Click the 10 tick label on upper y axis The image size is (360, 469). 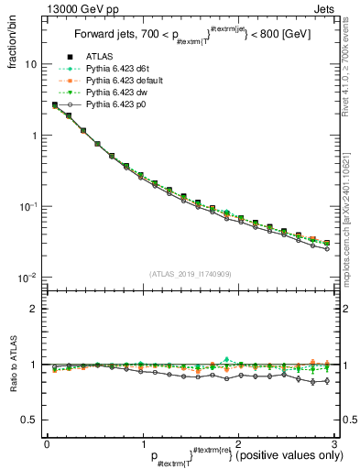tap(30, 65)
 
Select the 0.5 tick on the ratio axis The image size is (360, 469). tap(28, 420)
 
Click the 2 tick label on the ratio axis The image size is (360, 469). tap(33, 309)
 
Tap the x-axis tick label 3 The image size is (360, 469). tap(333, 442)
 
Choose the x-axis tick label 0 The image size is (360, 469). tap(46, 442)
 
